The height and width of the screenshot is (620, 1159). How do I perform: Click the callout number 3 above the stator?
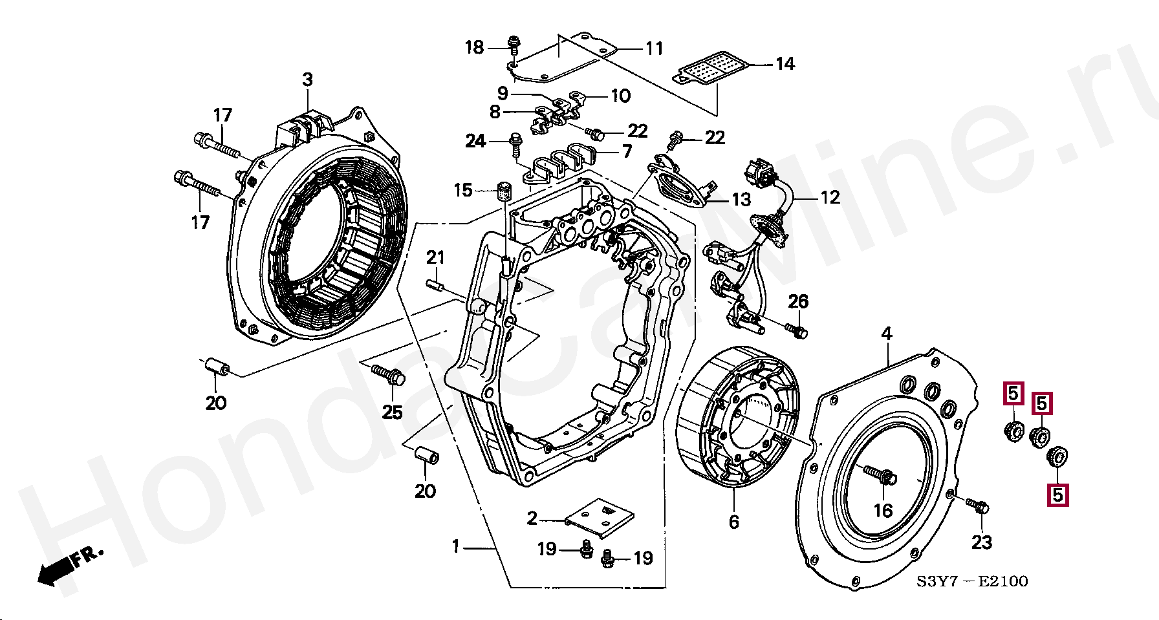point(307,80)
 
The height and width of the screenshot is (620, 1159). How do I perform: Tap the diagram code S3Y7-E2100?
point(971,581)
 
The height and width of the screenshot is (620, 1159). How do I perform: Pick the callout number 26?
point(798,301)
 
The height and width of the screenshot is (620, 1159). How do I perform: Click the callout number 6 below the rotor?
point(733,522)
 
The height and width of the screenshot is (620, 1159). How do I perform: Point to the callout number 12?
point(830,197)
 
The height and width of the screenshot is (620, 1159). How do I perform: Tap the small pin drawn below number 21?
point(435,285)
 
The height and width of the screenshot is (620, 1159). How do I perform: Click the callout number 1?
point(455,547)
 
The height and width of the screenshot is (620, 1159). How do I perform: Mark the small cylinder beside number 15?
point(504,191)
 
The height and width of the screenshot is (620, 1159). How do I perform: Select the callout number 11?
point(655,48)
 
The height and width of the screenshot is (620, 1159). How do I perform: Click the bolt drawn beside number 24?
point(516,143)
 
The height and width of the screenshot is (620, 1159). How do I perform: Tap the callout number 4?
point(887,334)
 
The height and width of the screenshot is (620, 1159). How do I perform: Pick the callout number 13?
point(741,199)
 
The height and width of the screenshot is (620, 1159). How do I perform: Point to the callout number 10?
point(620,96)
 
